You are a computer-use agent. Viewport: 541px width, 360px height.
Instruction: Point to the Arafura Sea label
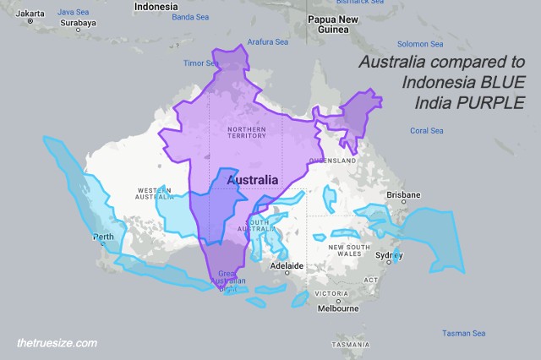(x=267, y=41)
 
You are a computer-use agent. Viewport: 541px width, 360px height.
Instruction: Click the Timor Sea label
(x=201, y=63)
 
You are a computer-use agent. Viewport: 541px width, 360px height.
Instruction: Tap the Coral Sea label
(x=426, y=131)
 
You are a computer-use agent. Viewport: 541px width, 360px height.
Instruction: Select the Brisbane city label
(x=403, y=194)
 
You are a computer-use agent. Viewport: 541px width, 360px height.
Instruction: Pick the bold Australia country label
(x=252, y=180)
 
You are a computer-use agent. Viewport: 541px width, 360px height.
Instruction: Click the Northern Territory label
(x=247, y=132)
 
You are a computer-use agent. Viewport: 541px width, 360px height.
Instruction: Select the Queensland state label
(x=334, y=160)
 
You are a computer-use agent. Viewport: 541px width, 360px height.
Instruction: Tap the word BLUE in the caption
(x=494, y=83)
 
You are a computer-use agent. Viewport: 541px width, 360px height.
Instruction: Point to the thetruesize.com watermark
(x=57, y=343)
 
